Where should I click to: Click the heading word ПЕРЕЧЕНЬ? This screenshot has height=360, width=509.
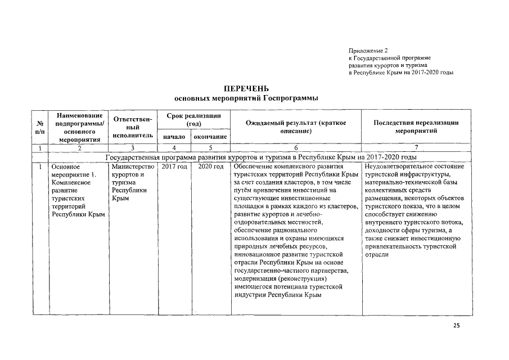(246, 89)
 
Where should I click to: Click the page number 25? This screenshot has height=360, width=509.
(456, 326)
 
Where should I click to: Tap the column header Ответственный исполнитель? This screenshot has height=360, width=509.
(133, 127)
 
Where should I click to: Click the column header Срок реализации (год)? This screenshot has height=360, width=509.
(194, 119)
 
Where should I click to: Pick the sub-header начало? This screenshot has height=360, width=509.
(174, 137)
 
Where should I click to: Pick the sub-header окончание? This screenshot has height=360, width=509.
(210, 137)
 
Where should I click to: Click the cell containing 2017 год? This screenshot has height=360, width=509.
(174, 167)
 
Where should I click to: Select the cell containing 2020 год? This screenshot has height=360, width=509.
(210, 167)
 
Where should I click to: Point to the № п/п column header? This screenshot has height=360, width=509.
(40, 127)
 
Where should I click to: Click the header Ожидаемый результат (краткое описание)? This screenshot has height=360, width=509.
(295, 127)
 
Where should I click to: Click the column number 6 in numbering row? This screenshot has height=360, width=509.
(295, 148)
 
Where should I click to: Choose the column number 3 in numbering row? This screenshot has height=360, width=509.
(133, 148)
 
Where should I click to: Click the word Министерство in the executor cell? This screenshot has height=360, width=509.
(133, 167)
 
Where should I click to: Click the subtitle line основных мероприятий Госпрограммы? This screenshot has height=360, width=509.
(246, 98)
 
